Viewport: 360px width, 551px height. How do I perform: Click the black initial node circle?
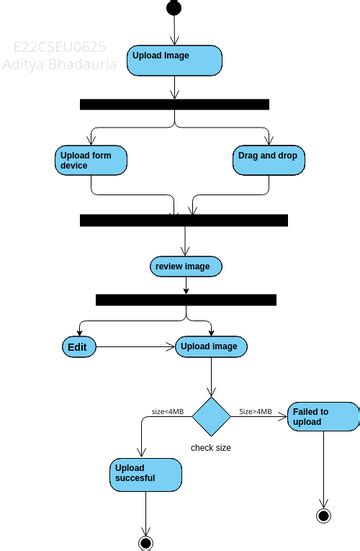click(175, 9)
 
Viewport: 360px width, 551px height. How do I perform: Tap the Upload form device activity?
click(90, 160)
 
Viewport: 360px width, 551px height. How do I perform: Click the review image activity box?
click(186, 266)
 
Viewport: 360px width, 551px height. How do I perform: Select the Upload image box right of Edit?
click(211, 347)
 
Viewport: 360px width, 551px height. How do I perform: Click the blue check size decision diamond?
click(211, 415)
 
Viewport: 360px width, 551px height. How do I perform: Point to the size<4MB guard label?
click(167, 411)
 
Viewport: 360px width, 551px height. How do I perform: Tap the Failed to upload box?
click(323, 417)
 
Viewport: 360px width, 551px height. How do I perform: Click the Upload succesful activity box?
click(146, 473)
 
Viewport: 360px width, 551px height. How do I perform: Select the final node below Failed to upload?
click(323, 515)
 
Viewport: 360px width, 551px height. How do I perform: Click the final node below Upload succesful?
click(146, 542)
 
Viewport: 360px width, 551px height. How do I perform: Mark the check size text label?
click(211, 448)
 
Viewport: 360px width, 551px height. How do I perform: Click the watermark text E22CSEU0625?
click(60, 47)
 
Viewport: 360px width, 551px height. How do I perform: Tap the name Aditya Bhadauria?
click(60, 64)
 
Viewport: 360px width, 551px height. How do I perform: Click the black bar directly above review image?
click(184, 220)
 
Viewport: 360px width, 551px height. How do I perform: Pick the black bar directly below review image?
click(186, 299)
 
